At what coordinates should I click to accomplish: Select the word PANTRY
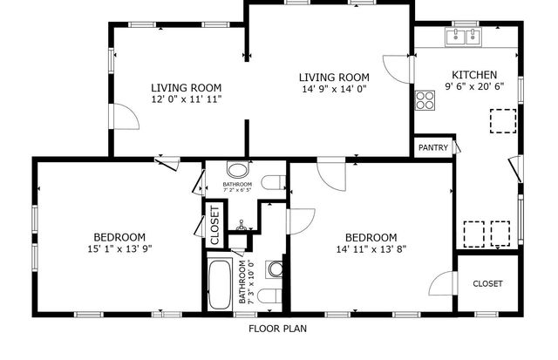(433, 148)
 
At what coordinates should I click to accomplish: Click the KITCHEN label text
(474, 75)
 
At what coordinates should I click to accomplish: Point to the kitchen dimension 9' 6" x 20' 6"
(474, 87)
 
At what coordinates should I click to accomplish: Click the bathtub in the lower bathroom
(217, 285)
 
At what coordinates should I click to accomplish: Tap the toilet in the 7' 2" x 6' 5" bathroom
(274, 183)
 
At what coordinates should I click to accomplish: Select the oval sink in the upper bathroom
(236, 170)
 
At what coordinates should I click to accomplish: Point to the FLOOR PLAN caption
(277, 329)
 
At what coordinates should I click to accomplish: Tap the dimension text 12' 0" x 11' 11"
(186, 99)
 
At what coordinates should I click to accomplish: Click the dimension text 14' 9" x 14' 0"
(335, 89)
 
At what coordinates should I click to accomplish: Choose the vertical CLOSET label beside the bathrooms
(214, 225)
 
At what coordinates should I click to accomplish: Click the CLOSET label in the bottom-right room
(487, 283)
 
